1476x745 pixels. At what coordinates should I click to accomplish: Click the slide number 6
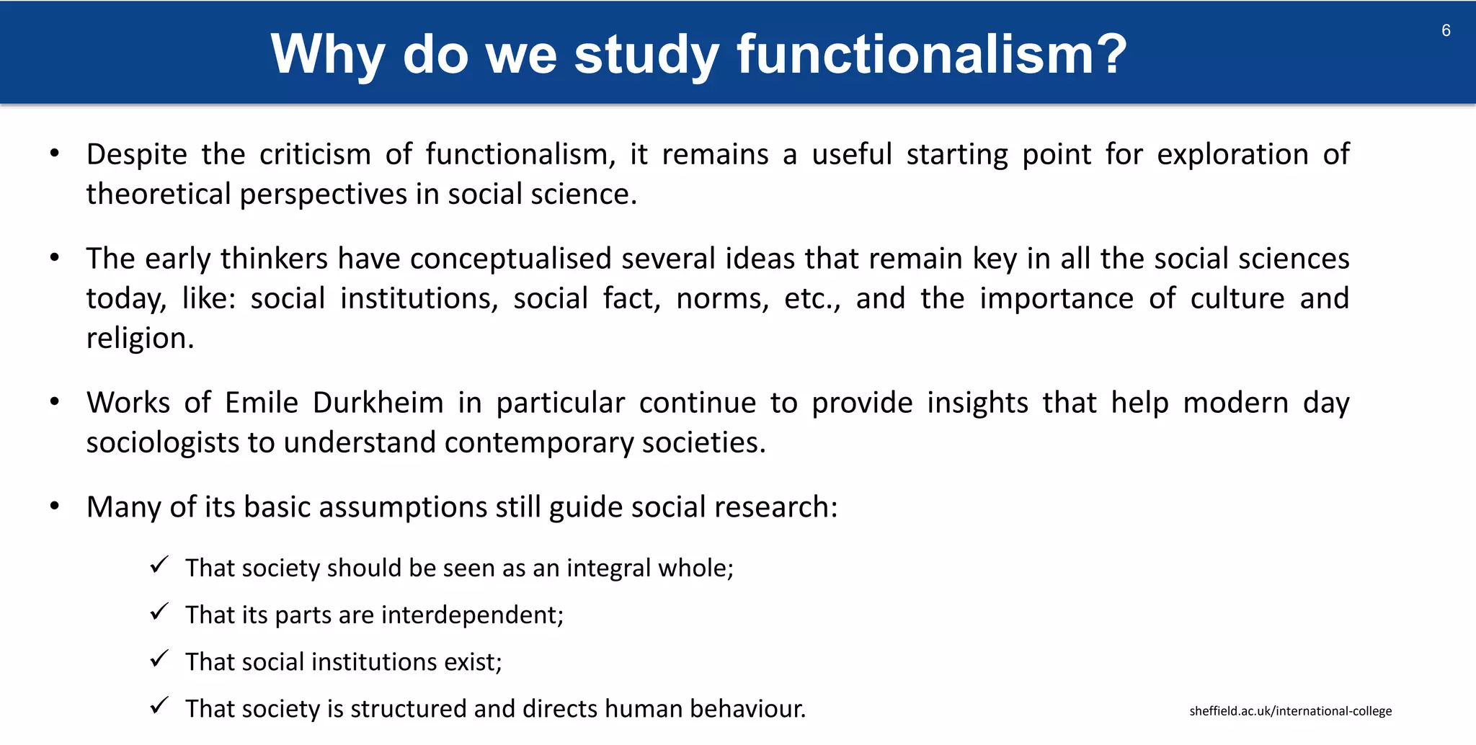1446,30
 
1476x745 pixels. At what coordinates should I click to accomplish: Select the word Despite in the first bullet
136,155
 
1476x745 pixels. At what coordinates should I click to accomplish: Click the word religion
139,339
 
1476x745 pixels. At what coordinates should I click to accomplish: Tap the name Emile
261,403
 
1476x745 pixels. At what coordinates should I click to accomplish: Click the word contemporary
538,443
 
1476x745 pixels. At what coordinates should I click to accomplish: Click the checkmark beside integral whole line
159,565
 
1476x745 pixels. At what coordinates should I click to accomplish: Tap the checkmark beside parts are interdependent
159,612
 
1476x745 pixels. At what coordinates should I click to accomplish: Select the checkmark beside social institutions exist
159,659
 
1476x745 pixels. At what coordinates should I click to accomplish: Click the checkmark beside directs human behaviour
159,705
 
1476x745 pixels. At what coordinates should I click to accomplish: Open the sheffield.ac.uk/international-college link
1290,711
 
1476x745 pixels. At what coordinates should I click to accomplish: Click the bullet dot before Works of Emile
55,402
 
